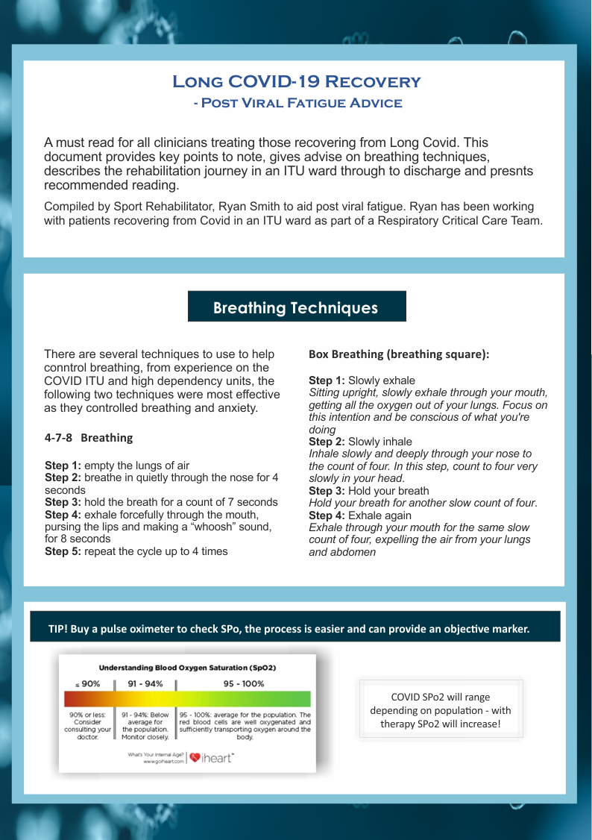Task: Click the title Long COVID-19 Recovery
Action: pyautogui.click(x=296, y=81)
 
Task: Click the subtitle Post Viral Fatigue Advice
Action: pyautogui.click(x=297, y=104)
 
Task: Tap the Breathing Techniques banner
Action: pyautogui.click(x=296, y=307)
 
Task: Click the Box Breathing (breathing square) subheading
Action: pyautogui.click(x=399, y=354)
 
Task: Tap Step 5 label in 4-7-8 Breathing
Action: pyautogui.click(x=63, y=551)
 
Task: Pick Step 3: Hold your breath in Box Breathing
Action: pyautogui.click(x=368, y=491)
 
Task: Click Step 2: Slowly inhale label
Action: pyautogui.click(x=360, y=442)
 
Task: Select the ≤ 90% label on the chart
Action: pyautogui.click(x=87, y=683)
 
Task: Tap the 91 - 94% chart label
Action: pyautogui.click(x=145, y=683)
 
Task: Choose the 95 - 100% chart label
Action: pyautogui.click(x=243, y=683)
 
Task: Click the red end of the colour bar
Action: pyautogui.click(x=72, y=699)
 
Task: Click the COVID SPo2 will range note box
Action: pyautogui.click(x=441, y=709)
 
